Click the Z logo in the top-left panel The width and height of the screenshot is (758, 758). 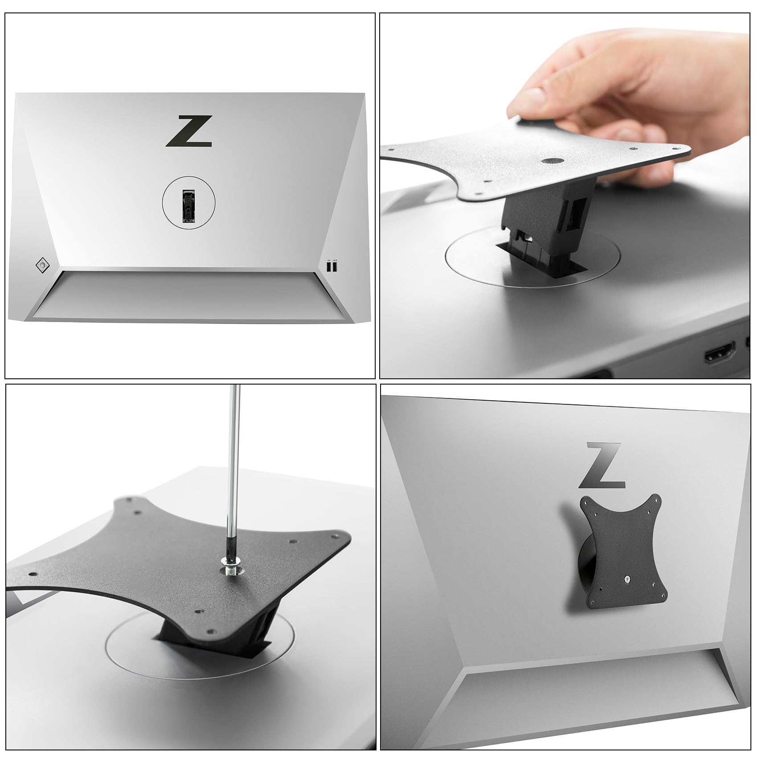point(188,131)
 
